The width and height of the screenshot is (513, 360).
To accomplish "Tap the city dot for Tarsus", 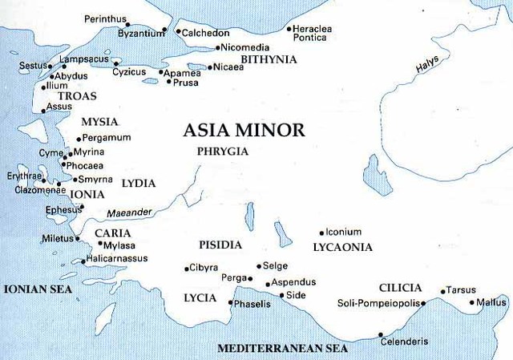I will [x=442, y=291].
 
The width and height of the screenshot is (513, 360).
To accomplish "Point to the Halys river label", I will [x=429, y=69].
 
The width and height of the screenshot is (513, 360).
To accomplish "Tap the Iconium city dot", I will [x=321, y=233].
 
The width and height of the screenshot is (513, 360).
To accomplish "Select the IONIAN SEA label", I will [x=37, y=289].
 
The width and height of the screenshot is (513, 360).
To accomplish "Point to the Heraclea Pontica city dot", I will [x=289, y=30].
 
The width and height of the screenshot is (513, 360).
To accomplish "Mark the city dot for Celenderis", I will [x=381, y=334].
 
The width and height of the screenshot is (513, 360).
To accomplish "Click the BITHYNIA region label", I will [x=269, y=59].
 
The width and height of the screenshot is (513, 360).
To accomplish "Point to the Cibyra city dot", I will [x=186, y=268].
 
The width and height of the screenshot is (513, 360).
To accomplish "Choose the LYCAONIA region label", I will [x=342, y=247].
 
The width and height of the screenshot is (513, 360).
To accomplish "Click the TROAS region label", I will [x=77, y=96].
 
